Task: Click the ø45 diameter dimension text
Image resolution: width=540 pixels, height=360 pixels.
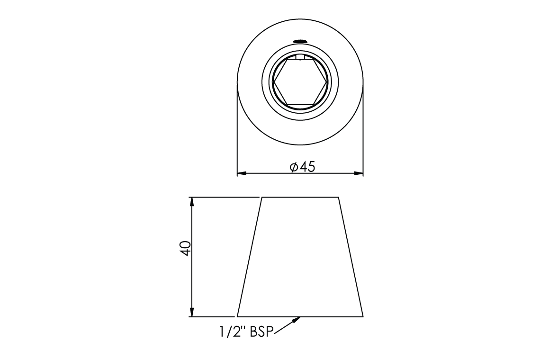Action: click(302, 167)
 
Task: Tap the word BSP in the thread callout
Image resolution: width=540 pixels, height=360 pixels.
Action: click(261, 332)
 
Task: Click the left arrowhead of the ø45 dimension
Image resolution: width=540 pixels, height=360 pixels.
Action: click(242, 173)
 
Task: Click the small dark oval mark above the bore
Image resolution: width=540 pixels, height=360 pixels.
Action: click(300, 41)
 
